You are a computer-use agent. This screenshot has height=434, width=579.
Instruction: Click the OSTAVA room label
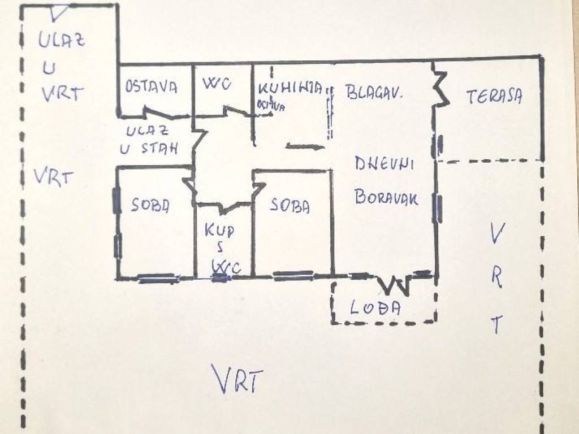152,88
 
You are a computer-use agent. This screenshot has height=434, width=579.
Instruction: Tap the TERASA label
494,97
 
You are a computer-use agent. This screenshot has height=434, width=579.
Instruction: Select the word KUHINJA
290,89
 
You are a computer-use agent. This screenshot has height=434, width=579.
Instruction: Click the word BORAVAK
387,197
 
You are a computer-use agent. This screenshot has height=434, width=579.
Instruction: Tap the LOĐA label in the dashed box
375,307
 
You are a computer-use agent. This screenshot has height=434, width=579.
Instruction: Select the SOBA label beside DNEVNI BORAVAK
289,206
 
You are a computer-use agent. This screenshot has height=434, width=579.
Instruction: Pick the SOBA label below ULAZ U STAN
150,205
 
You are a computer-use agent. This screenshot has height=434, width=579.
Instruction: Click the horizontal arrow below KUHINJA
305,147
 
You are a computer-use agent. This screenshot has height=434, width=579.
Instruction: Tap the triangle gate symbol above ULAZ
58,12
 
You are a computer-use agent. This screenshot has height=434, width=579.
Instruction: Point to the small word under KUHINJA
269,105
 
